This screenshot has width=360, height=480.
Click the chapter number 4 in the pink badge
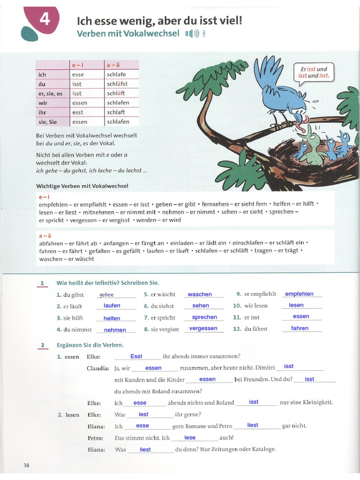tap(45, 20)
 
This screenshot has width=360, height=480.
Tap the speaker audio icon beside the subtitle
tap(192, 33)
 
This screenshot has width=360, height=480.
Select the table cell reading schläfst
tap(117, 84)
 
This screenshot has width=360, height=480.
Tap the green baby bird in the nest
tap(313, 149)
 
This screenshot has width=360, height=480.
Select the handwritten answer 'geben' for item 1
tap(106, 295)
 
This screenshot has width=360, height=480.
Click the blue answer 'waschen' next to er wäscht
tap(200, 294)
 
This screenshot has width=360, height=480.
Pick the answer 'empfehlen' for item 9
tap(299, 294)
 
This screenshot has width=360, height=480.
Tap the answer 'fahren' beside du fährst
tap(300, 328)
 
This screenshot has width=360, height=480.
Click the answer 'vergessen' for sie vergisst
tap(203, 328)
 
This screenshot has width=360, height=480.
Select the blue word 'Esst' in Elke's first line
tap(136, 356)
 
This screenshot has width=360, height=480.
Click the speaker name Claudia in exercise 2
tap(98, 368)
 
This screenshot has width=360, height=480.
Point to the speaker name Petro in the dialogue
tap(95, 438)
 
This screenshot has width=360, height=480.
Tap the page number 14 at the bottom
tap(26, 465)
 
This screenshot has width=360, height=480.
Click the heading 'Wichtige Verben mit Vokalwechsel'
tap(82, 186)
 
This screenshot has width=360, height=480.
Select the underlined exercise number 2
tap(42, 345)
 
